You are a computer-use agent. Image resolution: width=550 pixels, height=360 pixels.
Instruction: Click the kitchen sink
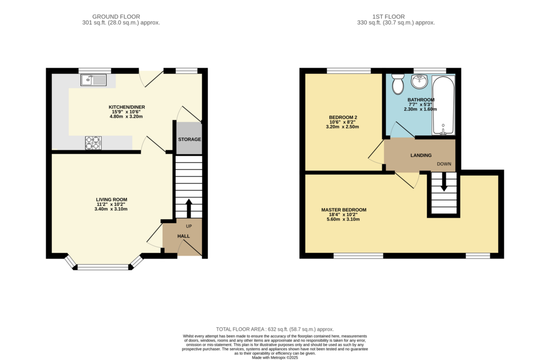coord(93,80)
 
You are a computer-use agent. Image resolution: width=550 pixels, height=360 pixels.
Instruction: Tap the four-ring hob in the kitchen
coord(93,143)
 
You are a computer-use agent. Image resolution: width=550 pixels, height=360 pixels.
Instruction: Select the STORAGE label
coord(190,139)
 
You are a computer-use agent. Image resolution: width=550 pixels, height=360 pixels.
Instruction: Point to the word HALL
coord(184,236)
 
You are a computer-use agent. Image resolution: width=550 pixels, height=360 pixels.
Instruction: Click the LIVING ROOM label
coord(112,200)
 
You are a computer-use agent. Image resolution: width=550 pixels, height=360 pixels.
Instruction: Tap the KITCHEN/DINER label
coord(127,107)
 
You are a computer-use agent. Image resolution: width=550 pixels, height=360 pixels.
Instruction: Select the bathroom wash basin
coord(419,82)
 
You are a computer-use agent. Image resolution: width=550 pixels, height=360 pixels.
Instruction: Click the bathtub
coord(443,105)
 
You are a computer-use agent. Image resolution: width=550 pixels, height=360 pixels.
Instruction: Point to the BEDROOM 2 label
coord(343,117)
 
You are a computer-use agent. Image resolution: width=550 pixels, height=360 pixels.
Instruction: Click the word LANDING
coord(421,155)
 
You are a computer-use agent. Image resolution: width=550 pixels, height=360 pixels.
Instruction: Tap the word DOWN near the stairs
coord(444,164)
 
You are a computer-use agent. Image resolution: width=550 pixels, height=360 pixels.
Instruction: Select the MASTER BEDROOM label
coord(344,210)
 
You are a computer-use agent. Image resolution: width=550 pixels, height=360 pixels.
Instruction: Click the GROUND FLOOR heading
coord(116,17)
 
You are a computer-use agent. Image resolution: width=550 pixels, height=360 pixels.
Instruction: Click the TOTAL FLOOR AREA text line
coord(275,329)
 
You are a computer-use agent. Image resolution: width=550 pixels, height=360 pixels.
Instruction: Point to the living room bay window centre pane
coord(103,268)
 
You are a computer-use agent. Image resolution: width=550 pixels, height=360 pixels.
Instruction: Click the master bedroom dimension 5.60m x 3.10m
coord(343,219)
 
